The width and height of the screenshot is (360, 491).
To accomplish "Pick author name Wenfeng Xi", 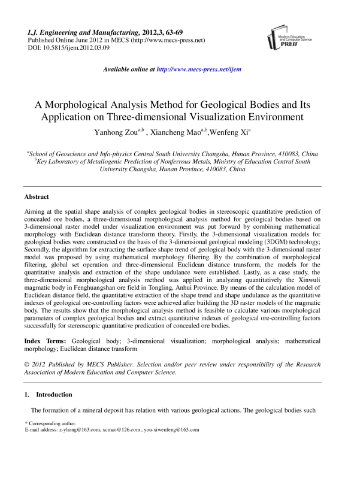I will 229,131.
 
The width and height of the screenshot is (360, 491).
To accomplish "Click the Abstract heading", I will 37,197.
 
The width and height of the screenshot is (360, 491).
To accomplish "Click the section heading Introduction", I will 55,395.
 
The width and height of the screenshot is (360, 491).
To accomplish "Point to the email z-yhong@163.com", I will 78,430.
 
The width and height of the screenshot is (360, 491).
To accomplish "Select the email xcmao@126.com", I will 123,430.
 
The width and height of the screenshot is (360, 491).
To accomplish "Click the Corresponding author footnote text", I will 49,423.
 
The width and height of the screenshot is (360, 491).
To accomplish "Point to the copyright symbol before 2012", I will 27,364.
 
